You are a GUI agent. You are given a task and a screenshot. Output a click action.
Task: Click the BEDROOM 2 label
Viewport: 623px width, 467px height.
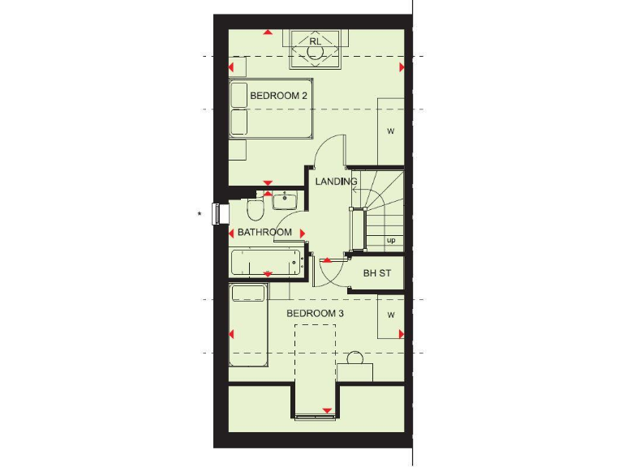click(x=279, y=96)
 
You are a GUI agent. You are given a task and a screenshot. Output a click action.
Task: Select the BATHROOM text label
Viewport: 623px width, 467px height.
click(x=264, y=233)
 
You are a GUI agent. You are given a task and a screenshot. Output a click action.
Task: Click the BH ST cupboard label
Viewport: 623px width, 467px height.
click(x=377, y=273)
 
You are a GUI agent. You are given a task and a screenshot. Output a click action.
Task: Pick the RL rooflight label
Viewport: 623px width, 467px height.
click(x=315, y=41)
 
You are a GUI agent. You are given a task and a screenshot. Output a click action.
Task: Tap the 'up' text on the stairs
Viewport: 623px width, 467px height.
click(x=391, y=240)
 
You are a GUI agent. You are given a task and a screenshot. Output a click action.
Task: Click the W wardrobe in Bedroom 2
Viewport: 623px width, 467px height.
click(x=390, y=131)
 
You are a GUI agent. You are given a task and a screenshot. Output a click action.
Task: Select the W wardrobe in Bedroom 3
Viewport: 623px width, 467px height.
click(x=390, y=315)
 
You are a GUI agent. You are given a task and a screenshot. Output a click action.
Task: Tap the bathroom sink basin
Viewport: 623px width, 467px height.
click(x=285, y=200)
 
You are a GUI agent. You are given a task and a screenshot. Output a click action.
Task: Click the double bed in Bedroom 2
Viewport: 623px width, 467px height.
click(x=269, y=109)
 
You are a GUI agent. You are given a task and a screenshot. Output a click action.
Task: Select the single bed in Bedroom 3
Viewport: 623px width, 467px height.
click(x=248, y=332)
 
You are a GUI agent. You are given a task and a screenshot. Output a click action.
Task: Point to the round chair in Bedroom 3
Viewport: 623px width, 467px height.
click(x=354, y=359)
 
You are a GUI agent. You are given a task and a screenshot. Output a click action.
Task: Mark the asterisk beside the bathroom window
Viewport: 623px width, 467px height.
click(x=200, y=215)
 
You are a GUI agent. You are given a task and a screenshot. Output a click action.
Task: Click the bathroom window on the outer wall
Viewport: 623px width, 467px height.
click(x=217, y=213)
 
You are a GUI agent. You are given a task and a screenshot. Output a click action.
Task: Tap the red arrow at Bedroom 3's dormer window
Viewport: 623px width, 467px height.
click(x=327, y=411)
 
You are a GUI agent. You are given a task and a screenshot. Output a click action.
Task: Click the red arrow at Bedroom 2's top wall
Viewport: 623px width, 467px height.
click(x=268, y=32)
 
